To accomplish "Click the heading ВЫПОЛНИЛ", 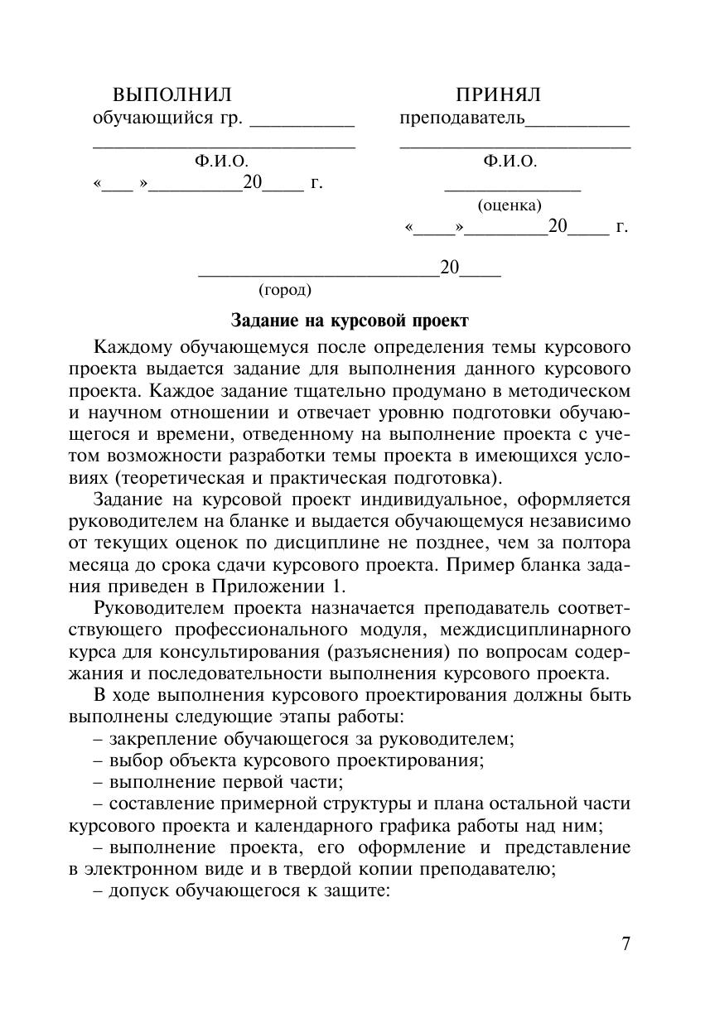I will coord(172,94).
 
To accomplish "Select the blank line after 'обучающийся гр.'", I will coord(302,124).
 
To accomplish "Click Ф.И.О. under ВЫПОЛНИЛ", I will coord(221,162).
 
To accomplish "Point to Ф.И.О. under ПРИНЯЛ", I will coord(510,162).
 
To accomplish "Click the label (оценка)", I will coord(510,205).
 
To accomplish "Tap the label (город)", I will coord(285,289).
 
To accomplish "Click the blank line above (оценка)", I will coord(513,189).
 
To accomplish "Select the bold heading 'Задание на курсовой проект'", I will coord(349,320).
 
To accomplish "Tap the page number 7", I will coord(626,944).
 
